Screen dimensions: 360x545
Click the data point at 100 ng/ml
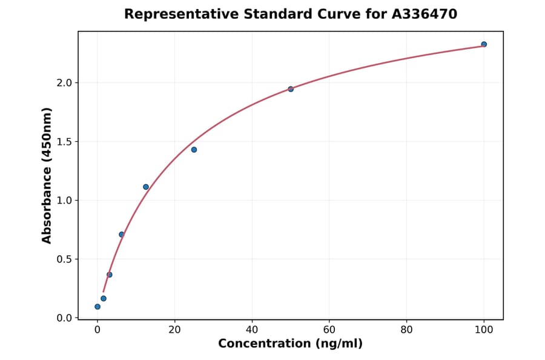click(484, 44)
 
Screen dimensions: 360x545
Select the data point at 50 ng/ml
click(291, 89)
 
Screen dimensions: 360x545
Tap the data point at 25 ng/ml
click(194, 150)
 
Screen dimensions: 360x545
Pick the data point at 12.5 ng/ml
click(146, 187)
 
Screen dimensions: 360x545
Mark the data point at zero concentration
click(97, 307)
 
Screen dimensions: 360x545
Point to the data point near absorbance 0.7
click(122, 235)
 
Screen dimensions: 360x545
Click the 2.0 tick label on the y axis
click(64, 83)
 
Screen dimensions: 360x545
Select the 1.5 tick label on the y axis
click(64, 142)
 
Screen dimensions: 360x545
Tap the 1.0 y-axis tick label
click(64, 201)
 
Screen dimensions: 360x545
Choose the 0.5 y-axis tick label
click(64, 259)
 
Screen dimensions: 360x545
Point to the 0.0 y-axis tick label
click(64, 318)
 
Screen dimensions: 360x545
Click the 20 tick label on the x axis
click(174, 330)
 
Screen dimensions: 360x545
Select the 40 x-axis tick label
click(252, 330)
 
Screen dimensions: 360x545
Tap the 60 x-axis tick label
click(329, 330)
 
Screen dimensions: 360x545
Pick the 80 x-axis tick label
click(406, 330)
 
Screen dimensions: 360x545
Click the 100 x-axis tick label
click(484, 330)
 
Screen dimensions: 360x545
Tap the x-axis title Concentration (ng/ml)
click(291, 344)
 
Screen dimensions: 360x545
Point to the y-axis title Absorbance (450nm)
click(47, 175)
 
